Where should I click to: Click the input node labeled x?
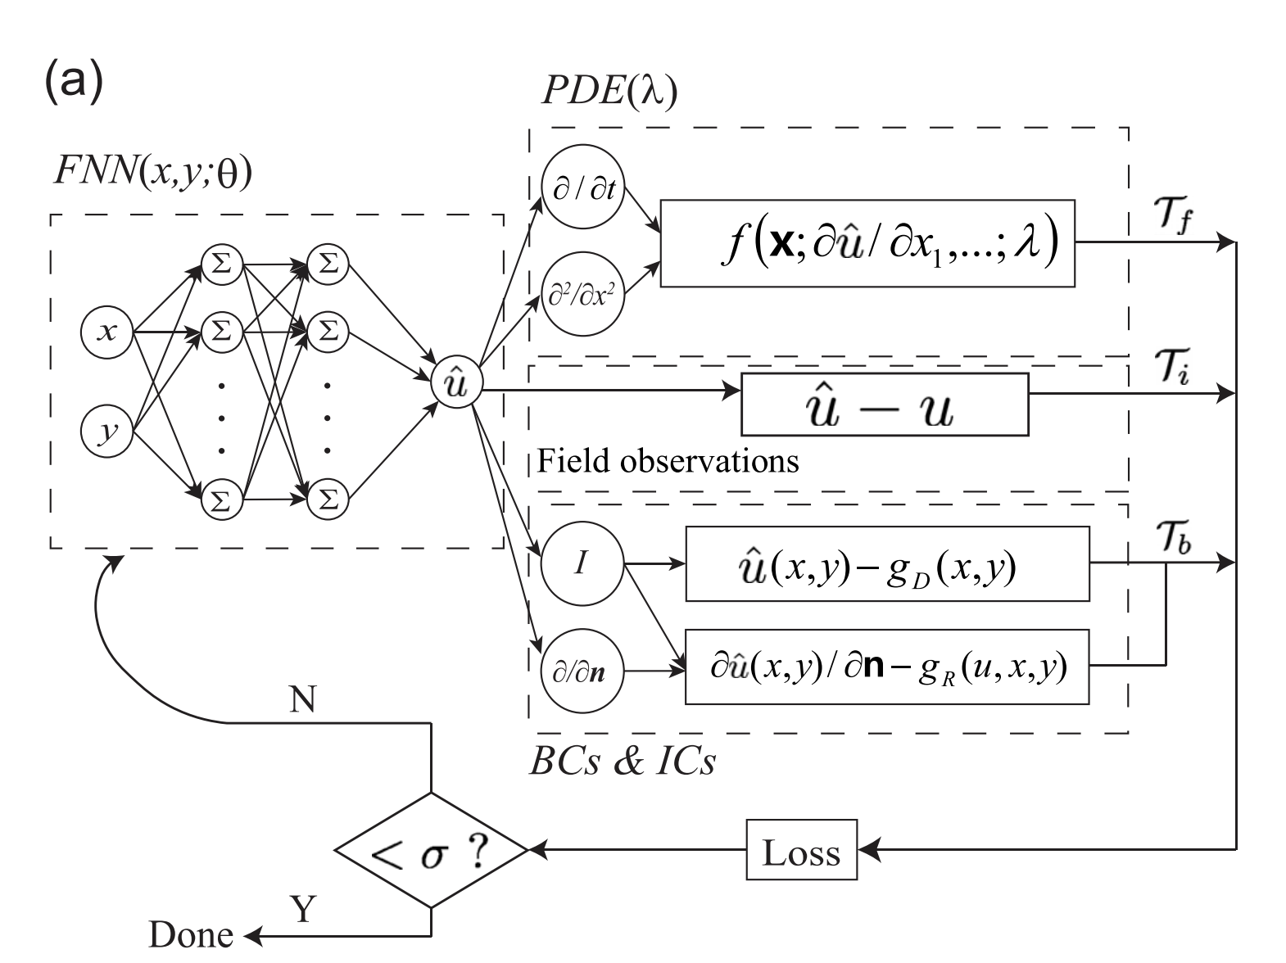pyautogui.click(x=106, y=332)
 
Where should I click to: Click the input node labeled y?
pyautogui.click(x=106, y=431)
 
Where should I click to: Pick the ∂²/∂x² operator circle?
pyautogui.click(x=583, y=296)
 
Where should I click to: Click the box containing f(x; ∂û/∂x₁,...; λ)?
pyautogui.click(x=867, y=242)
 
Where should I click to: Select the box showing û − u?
pyautogui.click(x=885, y=405)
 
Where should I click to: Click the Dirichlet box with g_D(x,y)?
pyautogui.click(x=887, y=564)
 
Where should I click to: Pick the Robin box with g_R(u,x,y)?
pyautogui.click(x=887, y=667)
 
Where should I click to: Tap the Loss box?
pyautogui.click(x=801, y=852)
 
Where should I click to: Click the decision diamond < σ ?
pyautogui.click(x=432, y=852)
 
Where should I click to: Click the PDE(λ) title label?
pyautogui.click(x=609, y=93)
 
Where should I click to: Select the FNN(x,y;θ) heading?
pyautogui.click(x=152, y=173)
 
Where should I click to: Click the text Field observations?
pyautogui.click(x=668, y=462)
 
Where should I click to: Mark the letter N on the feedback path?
pyautogui.click(x=302, y=700)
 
